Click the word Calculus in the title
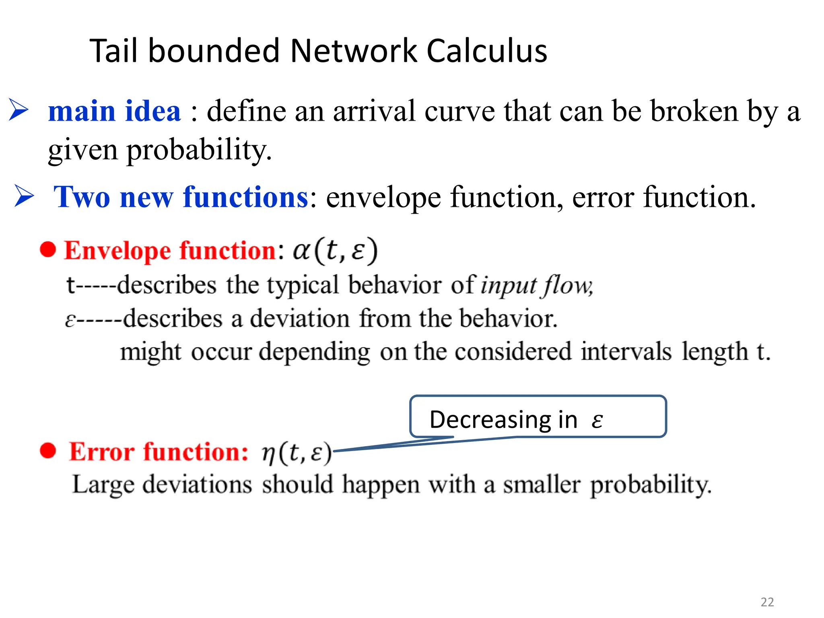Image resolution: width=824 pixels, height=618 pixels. click(486, 51)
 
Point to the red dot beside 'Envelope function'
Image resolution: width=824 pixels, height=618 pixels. click(48, 249)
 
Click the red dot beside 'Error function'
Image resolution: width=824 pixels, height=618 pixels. click(48, 450)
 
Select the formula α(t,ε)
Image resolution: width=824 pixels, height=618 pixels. click(335, 251)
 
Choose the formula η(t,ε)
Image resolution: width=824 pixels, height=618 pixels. click(297, 453)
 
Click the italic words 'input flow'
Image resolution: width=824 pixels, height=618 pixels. click(536, 286)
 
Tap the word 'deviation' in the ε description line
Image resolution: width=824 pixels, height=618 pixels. click(300, 319)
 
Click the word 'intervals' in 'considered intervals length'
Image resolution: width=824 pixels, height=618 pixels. click(626, 352)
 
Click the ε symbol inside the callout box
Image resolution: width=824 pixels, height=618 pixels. click(597, 421)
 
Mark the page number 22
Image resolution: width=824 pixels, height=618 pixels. click(767, 602)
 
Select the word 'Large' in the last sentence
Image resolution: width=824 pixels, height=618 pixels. click(103, 484)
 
